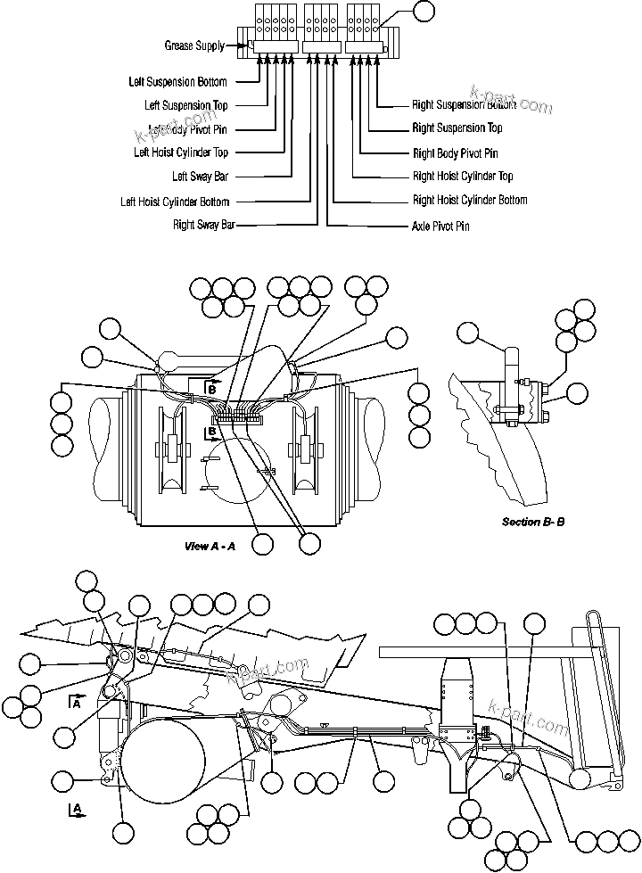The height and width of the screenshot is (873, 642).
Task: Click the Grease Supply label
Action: point(193,45)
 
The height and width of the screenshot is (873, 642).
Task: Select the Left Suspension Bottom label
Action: point(177,82)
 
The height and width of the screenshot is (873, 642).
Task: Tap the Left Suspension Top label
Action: point(185,105)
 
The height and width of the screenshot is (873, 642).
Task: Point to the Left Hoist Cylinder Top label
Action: point(181,152)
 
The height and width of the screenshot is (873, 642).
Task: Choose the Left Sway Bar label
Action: point(200,177)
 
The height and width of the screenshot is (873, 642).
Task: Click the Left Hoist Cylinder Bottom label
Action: point(175,202)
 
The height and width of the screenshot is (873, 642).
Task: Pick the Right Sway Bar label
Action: point(203,226)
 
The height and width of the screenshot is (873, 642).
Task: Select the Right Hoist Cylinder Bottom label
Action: point(469,201)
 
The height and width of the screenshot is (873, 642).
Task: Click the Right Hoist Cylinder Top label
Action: point(462,177)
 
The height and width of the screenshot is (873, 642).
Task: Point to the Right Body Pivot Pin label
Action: point(455,153)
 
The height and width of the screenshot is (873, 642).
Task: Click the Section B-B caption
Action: point(532,522)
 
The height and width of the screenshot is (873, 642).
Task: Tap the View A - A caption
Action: point(210,546)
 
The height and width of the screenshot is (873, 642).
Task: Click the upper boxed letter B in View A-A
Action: point(212,388)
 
